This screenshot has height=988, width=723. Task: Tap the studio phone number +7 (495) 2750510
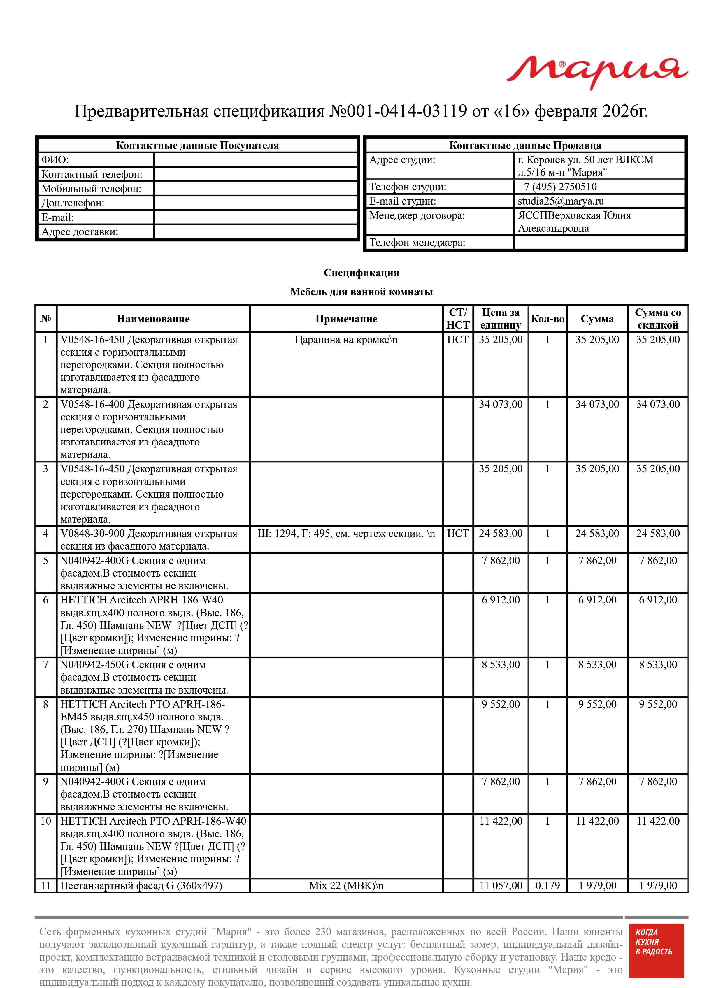(x=557, y=187)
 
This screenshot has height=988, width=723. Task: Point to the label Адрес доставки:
(x=80, y=232)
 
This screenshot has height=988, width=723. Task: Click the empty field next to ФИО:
(x=256, y=160)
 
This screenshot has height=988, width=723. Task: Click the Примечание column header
(x=346, y=319)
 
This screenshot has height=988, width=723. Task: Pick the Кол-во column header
(x=547, y=319)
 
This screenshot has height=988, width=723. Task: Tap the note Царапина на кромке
(x=346, y=340)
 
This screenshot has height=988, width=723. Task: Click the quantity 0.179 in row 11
(x=547, y=886)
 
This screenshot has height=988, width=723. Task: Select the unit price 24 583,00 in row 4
(x=501, y=534)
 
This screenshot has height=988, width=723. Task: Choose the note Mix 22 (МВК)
(x=346, y=886)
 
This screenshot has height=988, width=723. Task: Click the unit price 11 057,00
(x=501, y=886)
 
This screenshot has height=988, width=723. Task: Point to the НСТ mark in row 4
(x=458, y=534)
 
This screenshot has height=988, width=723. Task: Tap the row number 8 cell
(x=45, y=704)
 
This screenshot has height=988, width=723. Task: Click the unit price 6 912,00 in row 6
(x=501, y=600)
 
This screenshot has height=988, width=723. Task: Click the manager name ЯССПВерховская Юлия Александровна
(x=574, y=222)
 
